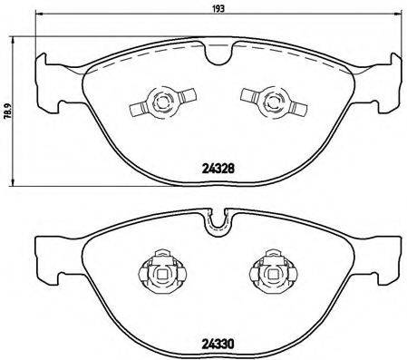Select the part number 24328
[218, 167]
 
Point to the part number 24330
[218, 343]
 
